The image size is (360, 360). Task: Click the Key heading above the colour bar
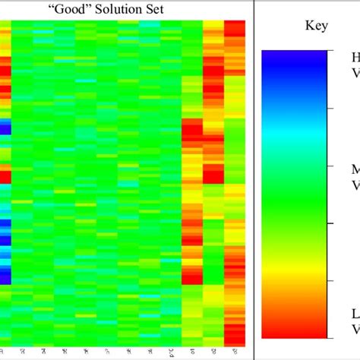click(x=317, y=26)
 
